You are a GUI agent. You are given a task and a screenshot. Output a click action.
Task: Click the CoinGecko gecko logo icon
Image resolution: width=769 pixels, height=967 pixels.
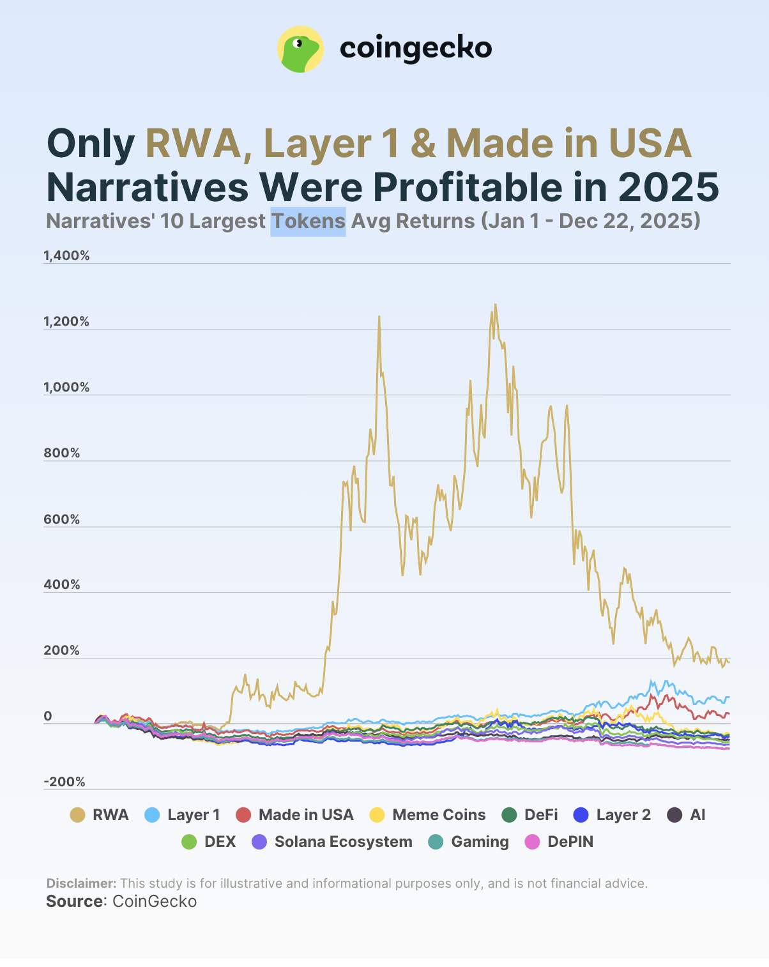[x=300, y=49]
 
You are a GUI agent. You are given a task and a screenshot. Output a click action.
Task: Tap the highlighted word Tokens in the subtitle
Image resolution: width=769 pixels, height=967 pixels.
[x=308, y=221]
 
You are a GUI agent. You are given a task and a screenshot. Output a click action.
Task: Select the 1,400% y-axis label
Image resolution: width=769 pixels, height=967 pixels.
[x=66, y=256]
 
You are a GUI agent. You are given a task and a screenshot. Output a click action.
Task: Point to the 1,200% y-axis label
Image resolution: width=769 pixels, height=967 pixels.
[x=66, y=322]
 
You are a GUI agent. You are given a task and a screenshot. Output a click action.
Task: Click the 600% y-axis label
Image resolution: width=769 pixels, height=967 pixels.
[x=62, y=520]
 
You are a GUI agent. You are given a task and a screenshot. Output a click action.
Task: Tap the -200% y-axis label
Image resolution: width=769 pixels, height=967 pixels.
[x=64, y=782]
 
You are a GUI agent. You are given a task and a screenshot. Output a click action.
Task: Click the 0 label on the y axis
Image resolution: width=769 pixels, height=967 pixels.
[x=48, y=717]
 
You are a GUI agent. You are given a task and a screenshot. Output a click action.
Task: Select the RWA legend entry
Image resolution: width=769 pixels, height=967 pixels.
[x=100, y=815]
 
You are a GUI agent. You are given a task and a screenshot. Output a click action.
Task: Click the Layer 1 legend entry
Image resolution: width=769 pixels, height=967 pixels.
[x=183, y=815]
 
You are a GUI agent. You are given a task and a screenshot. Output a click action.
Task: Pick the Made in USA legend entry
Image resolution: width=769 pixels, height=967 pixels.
[x=294, y=815]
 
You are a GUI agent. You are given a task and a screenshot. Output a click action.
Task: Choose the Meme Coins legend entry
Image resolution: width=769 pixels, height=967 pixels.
[x=428, y=815]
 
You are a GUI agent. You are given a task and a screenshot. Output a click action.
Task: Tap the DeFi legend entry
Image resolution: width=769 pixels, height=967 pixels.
[x=529, y=815]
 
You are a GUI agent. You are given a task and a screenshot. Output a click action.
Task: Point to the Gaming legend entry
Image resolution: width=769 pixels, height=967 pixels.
[x=468, y=842]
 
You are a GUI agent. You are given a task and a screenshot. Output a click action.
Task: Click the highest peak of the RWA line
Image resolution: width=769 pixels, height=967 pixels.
[x=495, y=305]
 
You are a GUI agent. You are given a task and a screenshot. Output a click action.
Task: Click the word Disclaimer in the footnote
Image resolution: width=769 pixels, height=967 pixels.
[x=81, y=883]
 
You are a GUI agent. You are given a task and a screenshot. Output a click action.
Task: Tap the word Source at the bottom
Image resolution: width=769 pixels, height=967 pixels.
[x=74, y=901]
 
